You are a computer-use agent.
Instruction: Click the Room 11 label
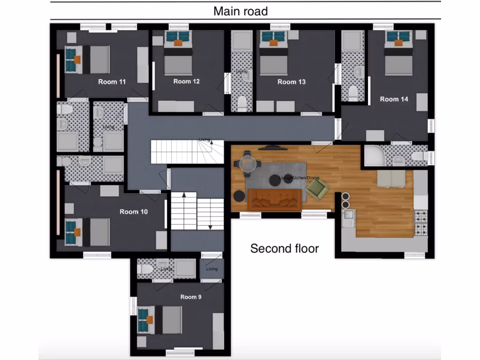(x=112, y=82)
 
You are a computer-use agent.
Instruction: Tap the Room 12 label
(x=186, y=82)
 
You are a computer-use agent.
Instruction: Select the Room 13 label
(x=291, y=82)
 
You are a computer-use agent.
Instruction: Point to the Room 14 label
(x=394, y=99)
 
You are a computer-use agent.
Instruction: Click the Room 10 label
(x=133, y=212)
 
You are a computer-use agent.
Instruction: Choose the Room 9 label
(x=191, y=297)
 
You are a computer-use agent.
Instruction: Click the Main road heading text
(x=240, y=11)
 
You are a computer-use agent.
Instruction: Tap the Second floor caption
(x=284, y=248)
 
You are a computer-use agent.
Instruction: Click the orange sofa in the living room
(x=275, y=199)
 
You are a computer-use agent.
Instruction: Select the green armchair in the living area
(x=317, y=190)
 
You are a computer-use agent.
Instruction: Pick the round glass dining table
(x=248, y=164)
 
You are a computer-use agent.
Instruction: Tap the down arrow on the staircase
(x=210, y=227)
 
